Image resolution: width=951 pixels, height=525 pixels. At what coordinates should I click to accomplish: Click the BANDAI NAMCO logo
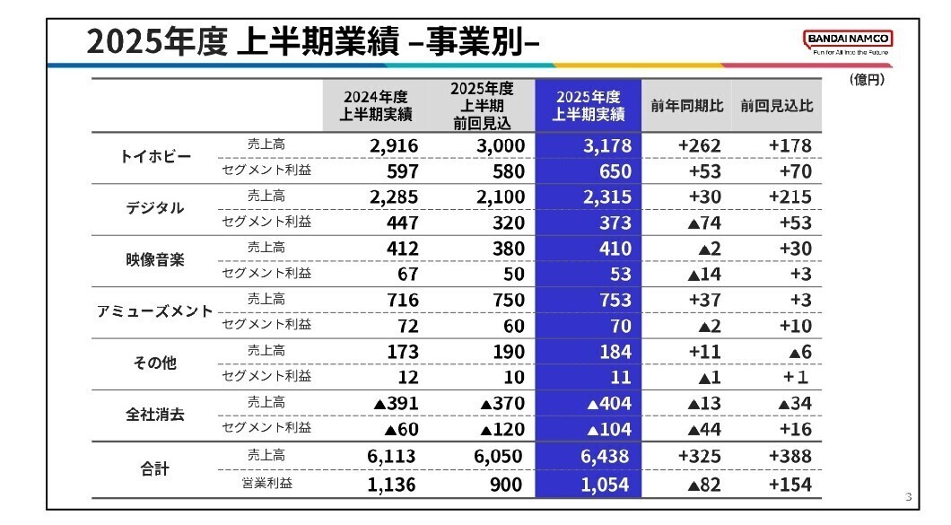(x=848, y=39)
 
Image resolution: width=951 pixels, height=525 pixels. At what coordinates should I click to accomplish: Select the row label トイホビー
(x=155, y=157)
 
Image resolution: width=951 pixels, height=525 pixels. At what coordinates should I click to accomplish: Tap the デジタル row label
(x=155, y=208)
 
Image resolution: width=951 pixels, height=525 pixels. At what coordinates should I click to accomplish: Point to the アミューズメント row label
(x=155, y=312)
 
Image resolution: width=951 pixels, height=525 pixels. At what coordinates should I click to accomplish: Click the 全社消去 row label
(x=155, y=416)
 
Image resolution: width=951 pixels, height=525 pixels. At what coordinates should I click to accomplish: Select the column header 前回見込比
(x=777, y=106)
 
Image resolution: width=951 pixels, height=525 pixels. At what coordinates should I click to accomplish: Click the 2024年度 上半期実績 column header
(x=376, y=106)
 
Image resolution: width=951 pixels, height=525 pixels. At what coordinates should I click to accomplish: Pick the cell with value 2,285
(x=391, y=197)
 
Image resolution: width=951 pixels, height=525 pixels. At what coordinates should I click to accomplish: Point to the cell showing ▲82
(x=704, y=485)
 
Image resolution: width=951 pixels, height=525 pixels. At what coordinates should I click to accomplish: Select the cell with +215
(x=790, y=197)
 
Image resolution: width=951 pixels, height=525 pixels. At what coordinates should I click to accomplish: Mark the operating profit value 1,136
(x=391, y=485)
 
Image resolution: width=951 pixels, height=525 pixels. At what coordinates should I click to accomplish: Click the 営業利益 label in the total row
(x=266, y=484)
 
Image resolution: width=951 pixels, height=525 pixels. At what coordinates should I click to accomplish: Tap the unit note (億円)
(x=866, y=81)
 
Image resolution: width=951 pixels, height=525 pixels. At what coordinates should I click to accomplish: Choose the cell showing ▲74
(x=704, y=223)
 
